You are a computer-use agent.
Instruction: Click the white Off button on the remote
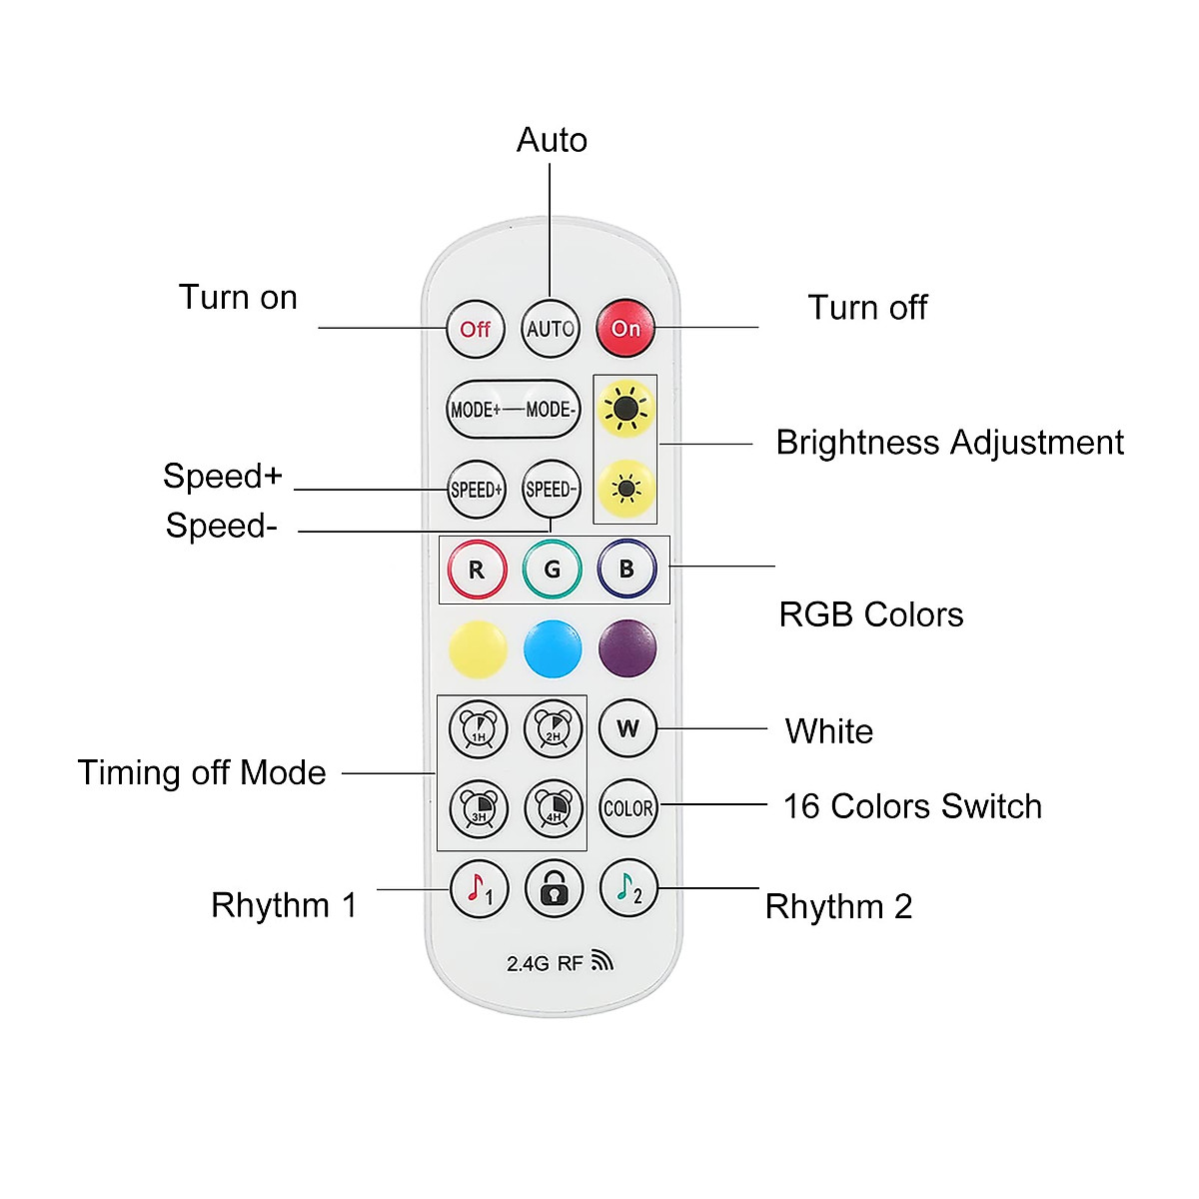476,329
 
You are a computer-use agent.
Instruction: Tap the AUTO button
551,329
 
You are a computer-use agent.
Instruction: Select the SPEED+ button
477,490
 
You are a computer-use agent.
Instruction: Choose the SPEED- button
552,490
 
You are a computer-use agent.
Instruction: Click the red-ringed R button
477,570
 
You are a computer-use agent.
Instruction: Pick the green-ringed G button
553,570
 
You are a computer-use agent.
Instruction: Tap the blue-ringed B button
626,569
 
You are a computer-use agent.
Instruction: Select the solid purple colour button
627,647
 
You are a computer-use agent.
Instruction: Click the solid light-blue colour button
553,648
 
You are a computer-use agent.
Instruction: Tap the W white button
627,728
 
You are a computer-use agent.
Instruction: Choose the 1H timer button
479,728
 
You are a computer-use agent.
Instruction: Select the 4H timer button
554,808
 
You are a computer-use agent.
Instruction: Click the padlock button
554,888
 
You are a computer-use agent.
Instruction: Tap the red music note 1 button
480,888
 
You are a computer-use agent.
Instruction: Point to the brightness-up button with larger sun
625,409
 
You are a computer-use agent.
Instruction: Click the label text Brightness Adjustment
949,443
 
